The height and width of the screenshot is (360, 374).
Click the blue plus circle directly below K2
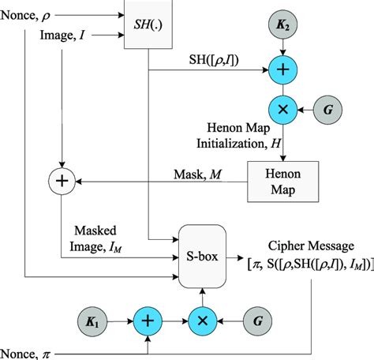282,69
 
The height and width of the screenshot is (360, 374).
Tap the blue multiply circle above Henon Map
282,107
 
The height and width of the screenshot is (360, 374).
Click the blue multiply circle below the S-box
204,322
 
